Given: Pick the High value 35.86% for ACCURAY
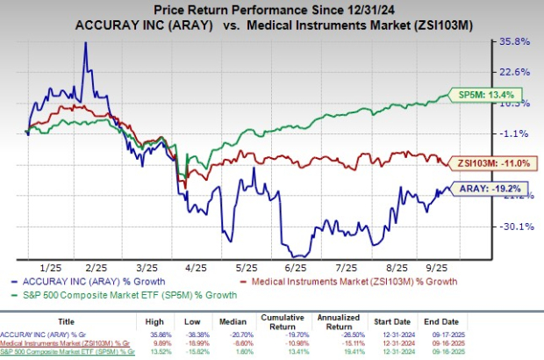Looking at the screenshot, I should (157, 335).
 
